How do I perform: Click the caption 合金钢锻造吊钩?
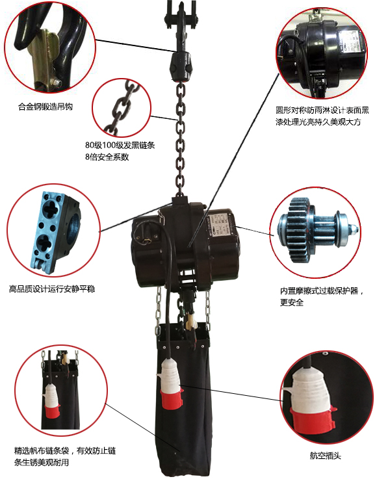tap(45, 107)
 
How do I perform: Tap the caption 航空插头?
tap(325, 456)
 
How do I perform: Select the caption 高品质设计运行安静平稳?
tap(52, 289)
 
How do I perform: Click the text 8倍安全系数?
tap(107, 157)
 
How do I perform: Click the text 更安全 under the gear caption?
tap(292, 302)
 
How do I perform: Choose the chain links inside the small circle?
tap(121, 107)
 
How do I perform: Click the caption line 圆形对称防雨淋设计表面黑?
tap(322, 110)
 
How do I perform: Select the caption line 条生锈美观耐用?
tap(41, 462)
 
